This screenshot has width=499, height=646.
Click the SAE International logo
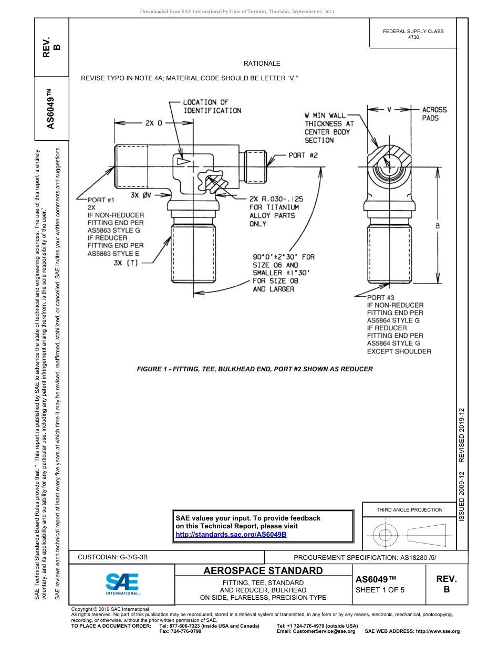[x=122, y=584]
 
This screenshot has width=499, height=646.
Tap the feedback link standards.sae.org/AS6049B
[x=231, y=534]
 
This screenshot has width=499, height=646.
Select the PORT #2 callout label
[x=303, y=155]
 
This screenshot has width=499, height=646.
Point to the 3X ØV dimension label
[x=141, y=195]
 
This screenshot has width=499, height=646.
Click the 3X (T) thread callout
[x=126, y=263]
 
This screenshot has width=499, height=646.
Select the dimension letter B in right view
[x=437, y=226]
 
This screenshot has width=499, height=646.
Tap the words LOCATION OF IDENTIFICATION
[x=212, y=107]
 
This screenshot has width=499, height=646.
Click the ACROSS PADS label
[x=434, y=114]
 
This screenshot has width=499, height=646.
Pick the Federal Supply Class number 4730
[x=413, y=38]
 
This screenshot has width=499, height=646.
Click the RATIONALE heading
[x=262, y=64]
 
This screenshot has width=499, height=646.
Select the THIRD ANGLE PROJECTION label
[x=409, y=509]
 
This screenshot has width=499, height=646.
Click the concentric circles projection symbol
[x=386, y=535]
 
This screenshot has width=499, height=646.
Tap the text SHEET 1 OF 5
[x=380, y=590]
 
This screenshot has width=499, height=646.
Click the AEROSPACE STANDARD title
[x=263, y=570]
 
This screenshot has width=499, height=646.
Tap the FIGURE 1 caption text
[x=255, y=369]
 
